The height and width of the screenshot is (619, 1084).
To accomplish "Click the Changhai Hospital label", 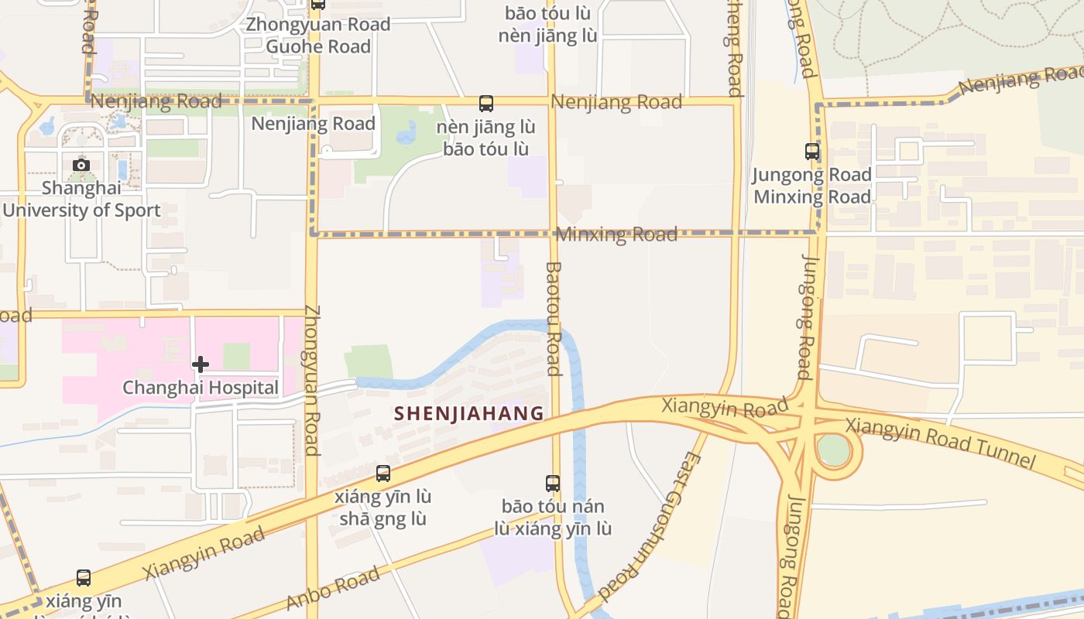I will tap(201, 388).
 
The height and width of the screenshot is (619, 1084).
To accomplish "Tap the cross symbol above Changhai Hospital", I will tap(201, 364).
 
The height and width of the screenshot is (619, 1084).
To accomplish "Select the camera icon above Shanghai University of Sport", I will tap(81, 165).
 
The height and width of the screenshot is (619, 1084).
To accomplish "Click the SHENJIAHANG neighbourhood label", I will tap(468, 413).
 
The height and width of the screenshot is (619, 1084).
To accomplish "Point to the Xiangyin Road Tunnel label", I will tap(939, 443).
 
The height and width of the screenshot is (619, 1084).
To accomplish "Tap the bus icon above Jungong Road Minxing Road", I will tap(812, 152).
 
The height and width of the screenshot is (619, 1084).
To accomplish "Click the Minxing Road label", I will tap(617, 234).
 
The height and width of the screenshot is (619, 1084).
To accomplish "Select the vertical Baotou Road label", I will tap(553, 318).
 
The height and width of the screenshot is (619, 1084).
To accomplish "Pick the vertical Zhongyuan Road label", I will tap(312, 379).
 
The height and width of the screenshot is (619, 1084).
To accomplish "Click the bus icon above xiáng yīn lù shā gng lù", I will tap(382, 474).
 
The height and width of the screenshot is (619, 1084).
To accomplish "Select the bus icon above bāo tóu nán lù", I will tap(553, 484).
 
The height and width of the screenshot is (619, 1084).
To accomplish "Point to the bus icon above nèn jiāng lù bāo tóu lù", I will tap(486, 104).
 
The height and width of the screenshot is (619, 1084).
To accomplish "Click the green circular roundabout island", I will tap(833, 450).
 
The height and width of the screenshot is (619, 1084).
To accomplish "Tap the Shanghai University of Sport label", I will tap(81, 199).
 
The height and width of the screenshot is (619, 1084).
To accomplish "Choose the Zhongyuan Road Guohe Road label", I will tap(318, 36).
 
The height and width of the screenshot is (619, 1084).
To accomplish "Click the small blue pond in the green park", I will tap(406, 136).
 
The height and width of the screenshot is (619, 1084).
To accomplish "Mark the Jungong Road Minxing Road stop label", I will tap(812, 186).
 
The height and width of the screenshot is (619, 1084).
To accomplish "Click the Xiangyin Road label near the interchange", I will tap(725, 406).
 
